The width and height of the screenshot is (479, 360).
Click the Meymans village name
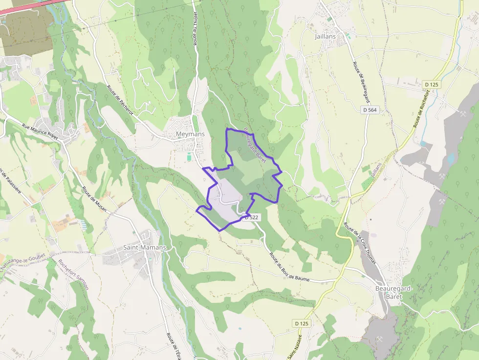point(190,134)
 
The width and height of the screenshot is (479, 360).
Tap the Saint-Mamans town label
point(145,248)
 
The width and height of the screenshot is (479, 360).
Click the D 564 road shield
point(370,110)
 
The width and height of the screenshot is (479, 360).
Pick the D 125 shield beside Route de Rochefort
point(432,85)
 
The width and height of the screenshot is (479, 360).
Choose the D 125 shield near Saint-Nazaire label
point(302,323)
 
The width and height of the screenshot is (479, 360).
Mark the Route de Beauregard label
point(359,81)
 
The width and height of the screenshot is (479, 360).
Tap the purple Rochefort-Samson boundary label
point(73,274)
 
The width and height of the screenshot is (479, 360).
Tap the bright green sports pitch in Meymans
point(189,157)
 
